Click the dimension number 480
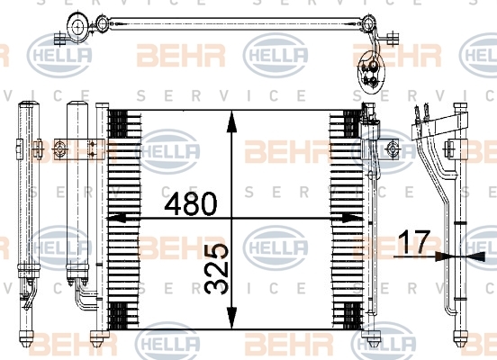point(191,203)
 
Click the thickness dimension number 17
point(414,242)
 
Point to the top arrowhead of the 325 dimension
point(232,121)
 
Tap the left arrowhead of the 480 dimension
point(117,218)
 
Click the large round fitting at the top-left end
point(78,27)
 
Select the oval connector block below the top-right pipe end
point(371,72)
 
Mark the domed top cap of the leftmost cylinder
point(29,104)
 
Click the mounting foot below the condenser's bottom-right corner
point(373,338)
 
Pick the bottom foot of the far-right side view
point(460,338)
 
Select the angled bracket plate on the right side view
point(439,124)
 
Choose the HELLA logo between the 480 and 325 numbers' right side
point(276,247)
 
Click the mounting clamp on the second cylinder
point(79,148)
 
